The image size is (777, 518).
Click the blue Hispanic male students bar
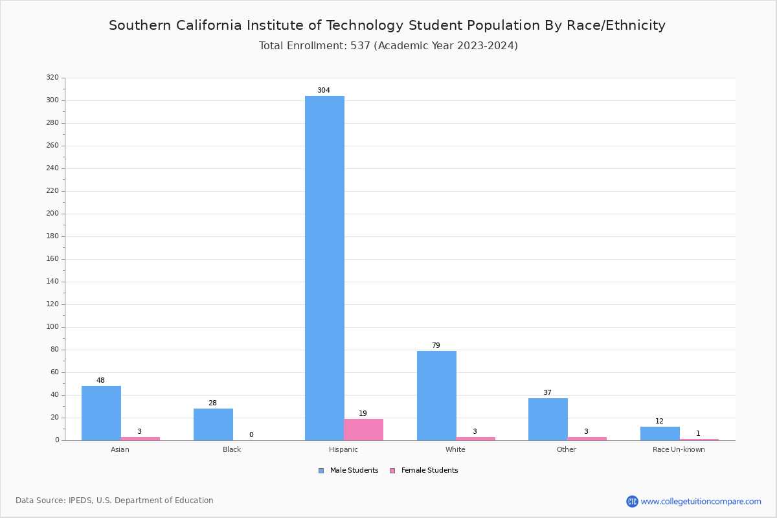tap(324, 268)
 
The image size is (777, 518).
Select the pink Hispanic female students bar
tap(364, 429)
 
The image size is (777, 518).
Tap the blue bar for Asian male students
tap(101, 413)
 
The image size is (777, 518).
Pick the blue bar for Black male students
tap(213, 424)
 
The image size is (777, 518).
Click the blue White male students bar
tap(436, 396)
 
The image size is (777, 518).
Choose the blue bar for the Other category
tap(548, 419)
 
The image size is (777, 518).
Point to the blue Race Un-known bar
tap(660, 433)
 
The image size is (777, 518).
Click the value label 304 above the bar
tap(323, 91)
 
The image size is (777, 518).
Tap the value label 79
tap(436, 346)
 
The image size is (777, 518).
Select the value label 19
tap(363, 414)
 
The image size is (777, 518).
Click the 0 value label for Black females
tap(251, 435)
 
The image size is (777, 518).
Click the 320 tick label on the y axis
tap(52, 78)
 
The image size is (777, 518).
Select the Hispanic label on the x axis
tap(343, 449)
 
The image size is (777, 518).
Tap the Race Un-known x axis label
tap(679, 449)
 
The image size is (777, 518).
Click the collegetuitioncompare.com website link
tap(701, 501)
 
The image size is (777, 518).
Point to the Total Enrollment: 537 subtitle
tap(388, 46)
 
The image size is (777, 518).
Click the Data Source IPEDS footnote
tap(115, 501)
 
